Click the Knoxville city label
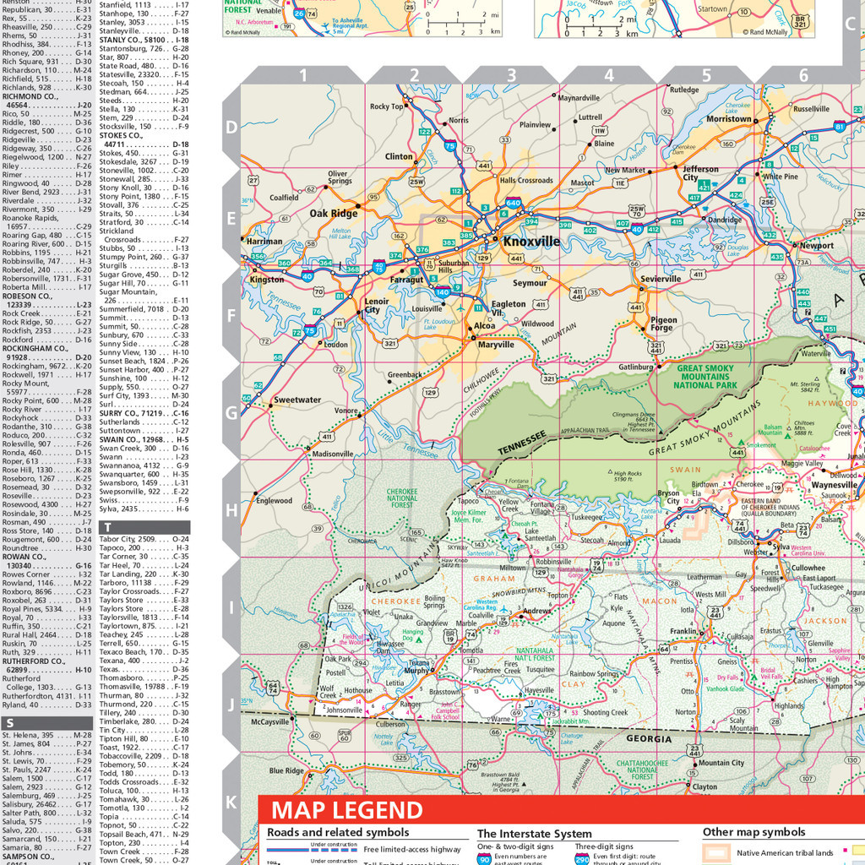pos(531,241)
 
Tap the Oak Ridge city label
pos(333,214)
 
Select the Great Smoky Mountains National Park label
pos(705,377)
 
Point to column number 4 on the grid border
pos(608,76)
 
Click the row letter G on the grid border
pos(231,412)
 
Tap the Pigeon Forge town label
pos(663,325)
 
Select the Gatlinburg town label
pos(636,367)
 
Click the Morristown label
pos(728,119)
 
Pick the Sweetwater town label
pos(297,400)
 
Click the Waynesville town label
pos(834,485)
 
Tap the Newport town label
pos(816,246)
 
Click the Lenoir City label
pos(377,306)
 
